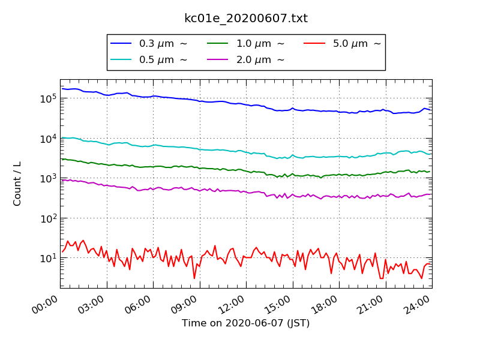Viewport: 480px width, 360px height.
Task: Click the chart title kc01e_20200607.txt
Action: click(246, 19)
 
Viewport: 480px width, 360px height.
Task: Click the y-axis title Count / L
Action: click(17, 184)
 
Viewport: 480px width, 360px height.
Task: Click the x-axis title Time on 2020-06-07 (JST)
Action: click(246, 323)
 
